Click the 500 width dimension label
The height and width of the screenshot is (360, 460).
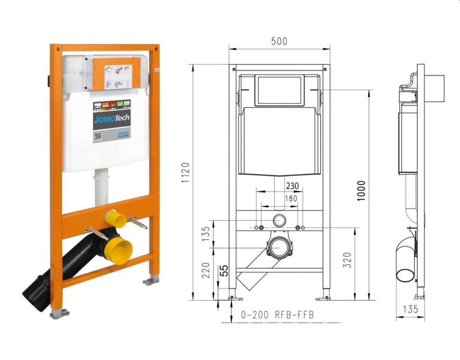click(279, 41)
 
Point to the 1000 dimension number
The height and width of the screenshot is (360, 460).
click(362, 190)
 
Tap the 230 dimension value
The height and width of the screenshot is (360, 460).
click(292, 186)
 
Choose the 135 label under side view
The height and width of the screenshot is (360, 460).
click(410, 309)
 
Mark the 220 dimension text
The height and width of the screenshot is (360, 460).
click(206, 270)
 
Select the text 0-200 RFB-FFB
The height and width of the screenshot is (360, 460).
click(277, 314)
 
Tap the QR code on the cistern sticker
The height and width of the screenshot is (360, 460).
click(98, 136)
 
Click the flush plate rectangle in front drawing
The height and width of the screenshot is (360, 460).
click(279, 90)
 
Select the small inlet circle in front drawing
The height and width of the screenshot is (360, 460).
click(280, 220)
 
